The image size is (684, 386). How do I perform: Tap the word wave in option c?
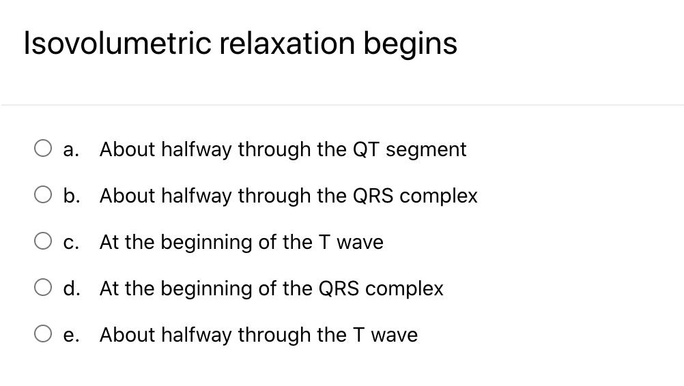pyautogui.click(x=361, y=242)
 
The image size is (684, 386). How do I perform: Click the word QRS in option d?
pyautogui.click(x=339, y=288)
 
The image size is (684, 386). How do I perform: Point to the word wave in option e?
pyautogui.click(x=395, y=335)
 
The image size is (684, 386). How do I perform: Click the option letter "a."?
pyautogui.click(x=70, y=149)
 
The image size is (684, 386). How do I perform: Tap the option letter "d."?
pyautogui.click(x=71, y=288)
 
